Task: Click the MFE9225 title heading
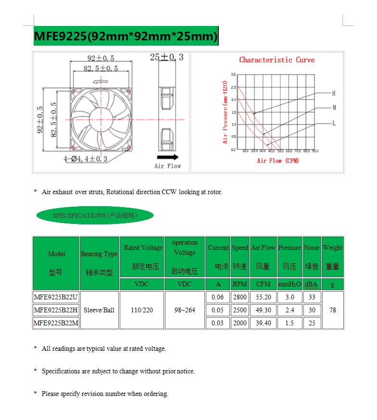click(126, 36)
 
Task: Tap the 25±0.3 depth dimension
click(167, 57)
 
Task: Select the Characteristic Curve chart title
click(277, 60)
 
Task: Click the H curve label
click(334, 93)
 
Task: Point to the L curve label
click(334, 124)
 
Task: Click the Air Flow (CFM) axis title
click(278, 161)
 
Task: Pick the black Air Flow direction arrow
click(167, 157)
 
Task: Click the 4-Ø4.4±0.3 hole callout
click(85, 159)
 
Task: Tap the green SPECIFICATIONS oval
click(95, 215)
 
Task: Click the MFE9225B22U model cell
click(56, 297)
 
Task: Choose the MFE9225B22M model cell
click(56, 323)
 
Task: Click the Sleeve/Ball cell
click(99, 310)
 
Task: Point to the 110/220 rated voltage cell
click(141, 310)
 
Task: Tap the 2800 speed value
click(239, 297)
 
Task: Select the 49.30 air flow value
click(264, 310)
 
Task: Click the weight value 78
click(332, 310)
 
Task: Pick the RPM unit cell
click(239, 284)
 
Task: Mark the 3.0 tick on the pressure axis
click(233, 74)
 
